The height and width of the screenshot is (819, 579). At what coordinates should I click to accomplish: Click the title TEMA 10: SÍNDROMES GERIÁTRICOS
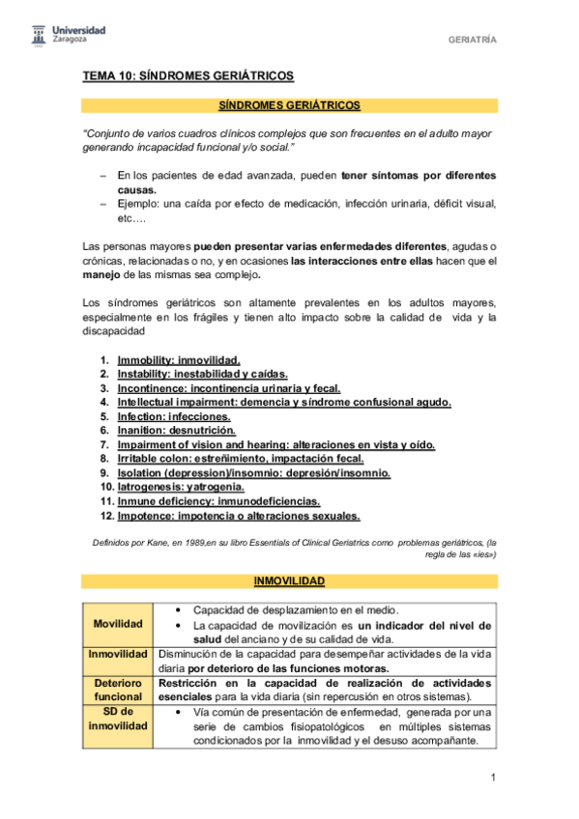click(187, 75)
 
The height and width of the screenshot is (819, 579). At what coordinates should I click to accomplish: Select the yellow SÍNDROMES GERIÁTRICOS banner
click(289, 104)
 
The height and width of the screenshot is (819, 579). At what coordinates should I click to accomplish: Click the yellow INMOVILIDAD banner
click(289, 581)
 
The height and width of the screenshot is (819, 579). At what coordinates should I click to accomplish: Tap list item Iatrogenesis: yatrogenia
click(181, 487)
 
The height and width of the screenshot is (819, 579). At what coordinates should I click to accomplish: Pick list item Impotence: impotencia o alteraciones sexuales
click(238, 516)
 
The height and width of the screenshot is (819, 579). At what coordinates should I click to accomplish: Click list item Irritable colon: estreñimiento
click(241, 459)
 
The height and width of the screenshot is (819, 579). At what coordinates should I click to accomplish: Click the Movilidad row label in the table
click(118, 624)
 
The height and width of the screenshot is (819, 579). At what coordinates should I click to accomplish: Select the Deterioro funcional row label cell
click(118, 691)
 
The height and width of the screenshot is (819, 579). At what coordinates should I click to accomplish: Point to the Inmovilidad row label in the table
click(118, 654)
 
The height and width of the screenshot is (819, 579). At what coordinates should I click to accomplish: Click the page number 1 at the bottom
click(492, 777)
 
